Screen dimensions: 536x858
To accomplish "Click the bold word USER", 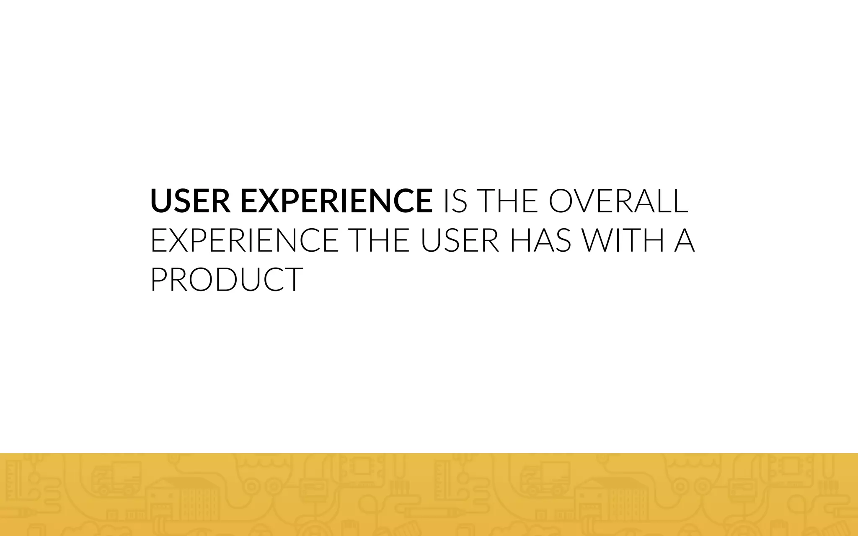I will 190,201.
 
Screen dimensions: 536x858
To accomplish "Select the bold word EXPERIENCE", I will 336,201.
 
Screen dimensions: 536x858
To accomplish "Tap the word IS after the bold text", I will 455,201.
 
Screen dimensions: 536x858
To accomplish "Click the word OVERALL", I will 618,201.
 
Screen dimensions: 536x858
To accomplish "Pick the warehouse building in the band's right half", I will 612,502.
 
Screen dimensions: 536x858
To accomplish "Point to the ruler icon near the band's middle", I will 442,477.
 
